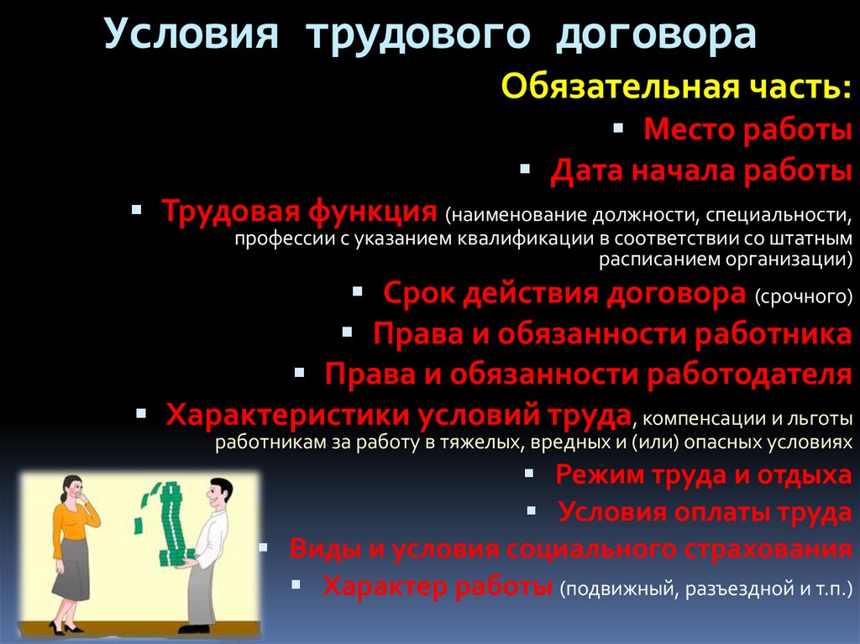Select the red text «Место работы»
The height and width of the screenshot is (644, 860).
pyautogui.click(x=747, y=130)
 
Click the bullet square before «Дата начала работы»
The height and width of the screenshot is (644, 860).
pyautogui.click(x=525, y=169)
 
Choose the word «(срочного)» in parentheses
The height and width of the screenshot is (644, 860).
pyautogui.click(x=803, y=296)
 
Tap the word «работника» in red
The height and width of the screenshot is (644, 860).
pyautogui.click(x=773, y=333)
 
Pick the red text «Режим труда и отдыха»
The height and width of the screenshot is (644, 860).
pyautogui.click(x=703, y=474)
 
